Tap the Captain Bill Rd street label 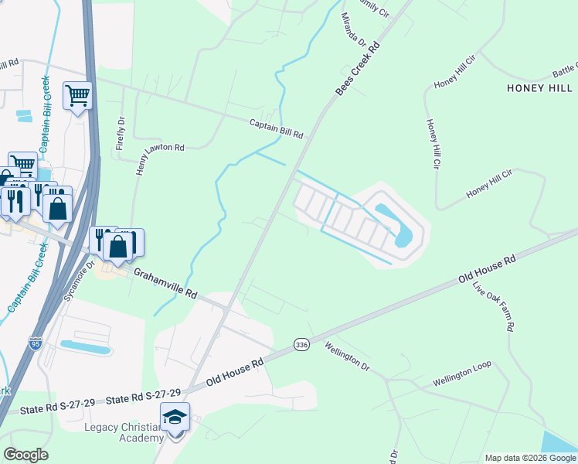coord(276,128)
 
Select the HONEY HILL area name coord(539,88)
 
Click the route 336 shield coord(301,343)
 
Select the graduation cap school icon coord(175,418)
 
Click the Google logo coord(25,455)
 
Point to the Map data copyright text coord(529,458)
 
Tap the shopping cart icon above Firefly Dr coord(77,96)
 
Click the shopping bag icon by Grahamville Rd coord(118,247)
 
